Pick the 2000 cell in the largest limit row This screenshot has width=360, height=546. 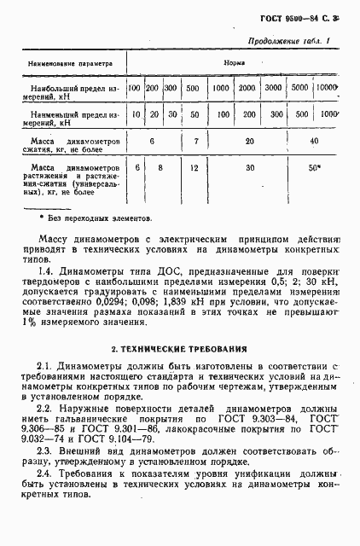tap(247, 88)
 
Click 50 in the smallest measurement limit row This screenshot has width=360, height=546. tap(195, 114)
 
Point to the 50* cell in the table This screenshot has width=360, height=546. tap(315, 168)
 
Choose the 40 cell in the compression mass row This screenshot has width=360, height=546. tap(315, 140)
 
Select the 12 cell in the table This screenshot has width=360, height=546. tap(195, 168)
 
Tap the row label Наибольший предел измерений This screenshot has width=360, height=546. tap(67, 91)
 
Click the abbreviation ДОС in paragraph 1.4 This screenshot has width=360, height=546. tap(169, 271)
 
